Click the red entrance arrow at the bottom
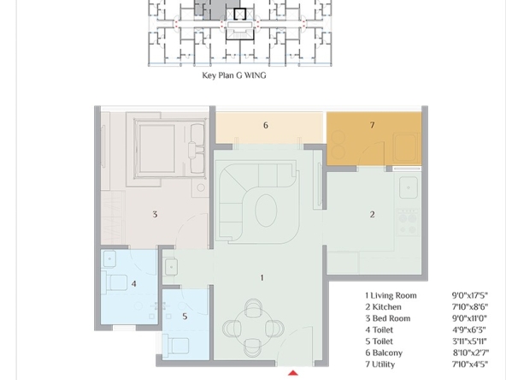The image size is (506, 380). [x=292, y=373]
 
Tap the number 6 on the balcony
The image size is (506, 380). [x=266, y=125]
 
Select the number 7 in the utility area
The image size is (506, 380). [x=372, y=125]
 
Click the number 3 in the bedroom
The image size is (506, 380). [x=155, y=214]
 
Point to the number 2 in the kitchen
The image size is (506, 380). [x=373, y=215]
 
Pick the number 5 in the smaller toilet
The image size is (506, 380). [x=185, y=317]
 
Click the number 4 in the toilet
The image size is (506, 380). [x=134, y=283]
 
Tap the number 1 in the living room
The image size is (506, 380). [x=262, y=277]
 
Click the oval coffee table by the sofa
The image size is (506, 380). [x=266, y=211]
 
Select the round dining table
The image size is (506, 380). [x=253, y=328]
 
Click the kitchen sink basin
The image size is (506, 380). [x=409, y=187]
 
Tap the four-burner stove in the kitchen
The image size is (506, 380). [x=408, y=223]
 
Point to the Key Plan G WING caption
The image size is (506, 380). [x=234, y=75]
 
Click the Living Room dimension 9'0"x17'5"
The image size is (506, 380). [x=470, y=295]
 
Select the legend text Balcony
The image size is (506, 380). [x=387, y=353]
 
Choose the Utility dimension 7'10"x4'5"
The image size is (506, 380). [x=470, y=365]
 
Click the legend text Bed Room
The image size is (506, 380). [x=391, y=318]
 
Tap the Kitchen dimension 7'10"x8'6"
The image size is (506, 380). [x=470, y=306]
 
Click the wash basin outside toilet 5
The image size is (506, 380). [x=171, y=267]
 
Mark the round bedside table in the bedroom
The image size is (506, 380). [x=201, y=187]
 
